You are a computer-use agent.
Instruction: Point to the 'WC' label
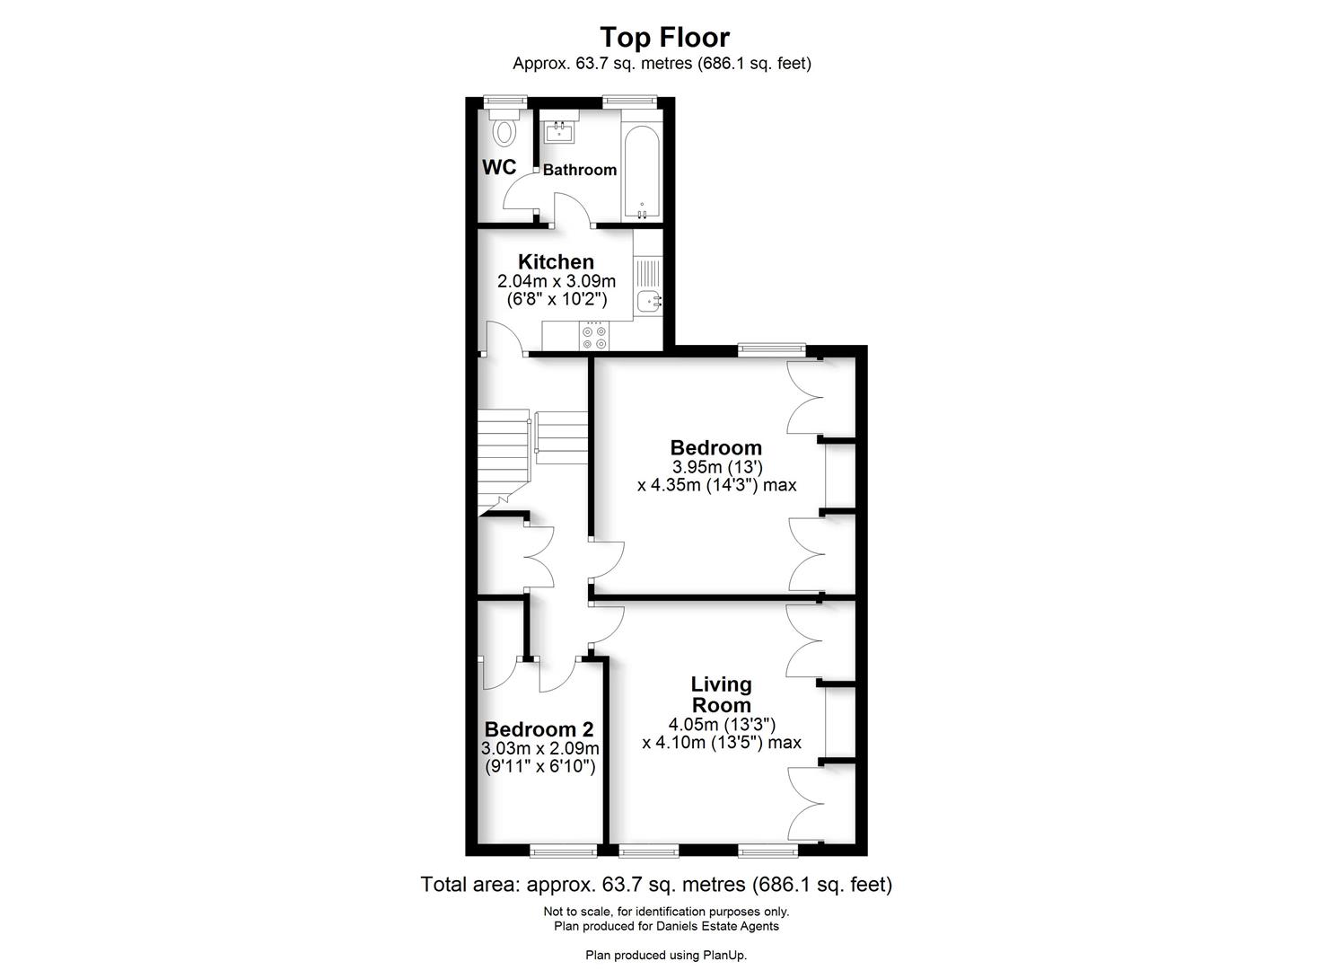click(499, 167)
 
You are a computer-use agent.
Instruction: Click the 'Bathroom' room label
click(580, 170)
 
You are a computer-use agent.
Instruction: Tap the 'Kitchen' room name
click(556, 261)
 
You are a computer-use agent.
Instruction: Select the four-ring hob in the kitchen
click(594, 336)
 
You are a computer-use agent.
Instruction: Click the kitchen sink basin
click(646, 302)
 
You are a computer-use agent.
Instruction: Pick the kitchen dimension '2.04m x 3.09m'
click(557, 282)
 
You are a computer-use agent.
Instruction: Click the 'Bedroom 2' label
click(539, 729)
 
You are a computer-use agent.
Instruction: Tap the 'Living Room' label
click(721, 694)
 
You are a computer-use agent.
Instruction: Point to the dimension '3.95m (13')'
click(716, 467)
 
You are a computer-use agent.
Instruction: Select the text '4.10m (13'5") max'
click(722, 743)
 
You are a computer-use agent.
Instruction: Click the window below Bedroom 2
click(563, 851)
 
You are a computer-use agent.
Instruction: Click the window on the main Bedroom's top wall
click(771, 349)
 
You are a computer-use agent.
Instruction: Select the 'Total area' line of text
click(656, 885)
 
